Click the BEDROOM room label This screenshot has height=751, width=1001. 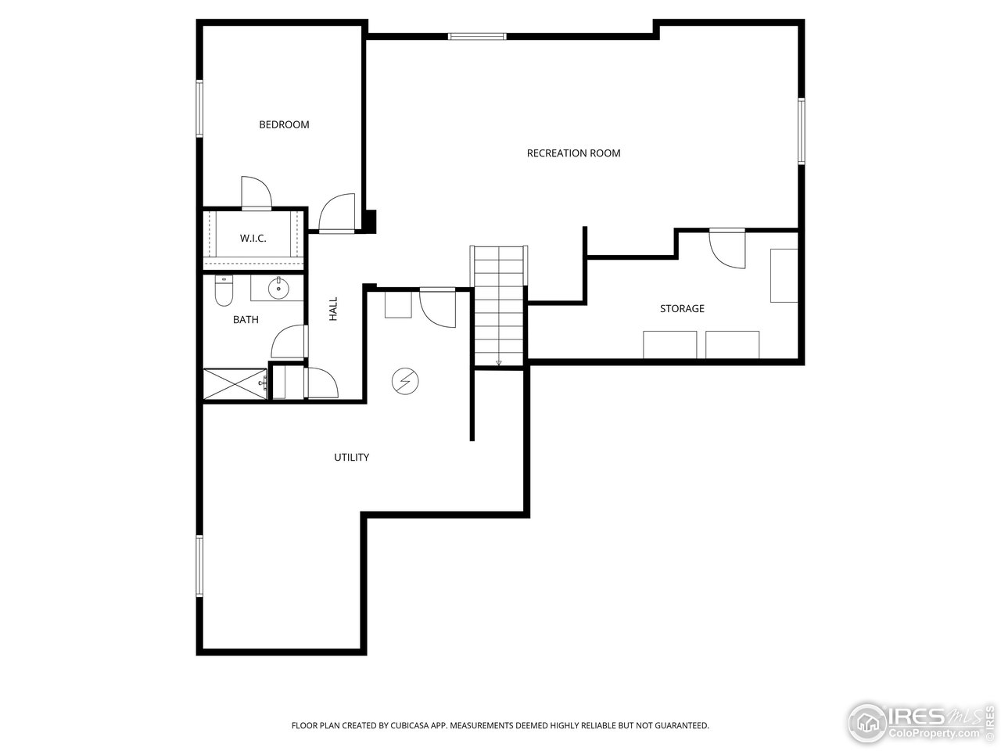(x=284, y=124)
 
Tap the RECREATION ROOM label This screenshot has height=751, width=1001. (x=573, y=153)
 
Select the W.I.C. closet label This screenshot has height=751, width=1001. (x=253, y=239)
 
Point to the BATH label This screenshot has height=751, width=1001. (x=246, y=320)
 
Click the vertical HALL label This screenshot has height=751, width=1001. (x=333, y=308)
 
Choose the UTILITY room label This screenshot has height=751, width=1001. (x=351, y=458)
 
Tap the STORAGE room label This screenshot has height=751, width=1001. (x=682, y=309)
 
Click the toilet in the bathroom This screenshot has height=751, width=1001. (x=223, y=293)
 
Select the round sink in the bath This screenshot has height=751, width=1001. (x=278, y=289)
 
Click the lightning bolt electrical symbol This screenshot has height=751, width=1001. (x=405, y=381)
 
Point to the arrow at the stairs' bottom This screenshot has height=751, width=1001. (x=499, y=362)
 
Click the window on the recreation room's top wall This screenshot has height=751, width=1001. (x=477, y=36)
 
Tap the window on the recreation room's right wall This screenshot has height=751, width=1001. (x=801, y=131)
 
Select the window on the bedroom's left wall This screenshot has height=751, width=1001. (x=199, y=108)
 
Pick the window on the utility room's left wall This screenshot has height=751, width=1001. (x=199, y=566)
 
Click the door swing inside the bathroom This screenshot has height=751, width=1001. (x=288, y=342)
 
